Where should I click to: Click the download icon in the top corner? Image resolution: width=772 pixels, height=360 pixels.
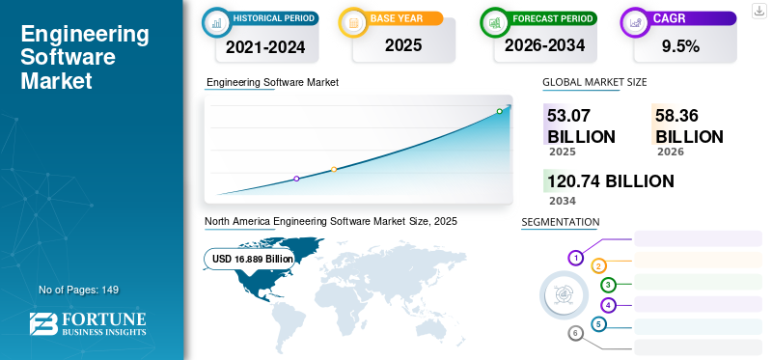click(x=758, y=11)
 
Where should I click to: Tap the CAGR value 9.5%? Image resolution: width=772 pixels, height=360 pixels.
click(x=681, y=46)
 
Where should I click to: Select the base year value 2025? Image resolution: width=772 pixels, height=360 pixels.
click(x=403, y=45)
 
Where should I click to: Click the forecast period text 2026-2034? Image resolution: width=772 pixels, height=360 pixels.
click(x=544, y=45)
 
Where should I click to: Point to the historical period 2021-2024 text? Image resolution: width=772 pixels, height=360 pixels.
click(x=265, y=47)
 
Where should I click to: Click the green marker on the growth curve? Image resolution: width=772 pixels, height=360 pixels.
click(x=499, y=111)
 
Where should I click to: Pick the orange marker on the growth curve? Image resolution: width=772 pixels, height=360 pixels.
click(x=334, y=170)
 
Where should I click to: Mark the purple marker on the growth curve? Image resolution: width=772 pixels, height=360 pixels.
click(x=296, y=179)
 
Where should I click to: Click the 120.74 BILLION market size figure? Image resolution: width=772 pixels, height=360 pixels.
click(x=611, y=181)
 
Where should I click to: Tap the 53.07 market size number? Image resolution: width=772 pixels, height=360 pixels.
click(x=568, y=116)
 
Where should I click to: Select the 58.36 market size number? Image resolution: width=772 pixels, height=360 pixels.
click(x=676, y=116)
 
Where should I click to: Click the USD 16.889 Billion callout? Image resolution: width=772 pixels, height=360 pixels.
click(x=249, y=259)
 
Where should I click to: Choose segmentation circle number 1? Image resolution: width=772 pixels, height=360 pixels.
click(x=575, y=258)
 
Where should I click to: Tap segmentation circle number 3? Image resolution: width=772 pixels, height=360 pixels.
click(x=609, y=285)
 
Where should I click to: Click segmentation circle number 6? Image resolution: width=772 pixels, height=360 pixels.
click(x=575, y=334)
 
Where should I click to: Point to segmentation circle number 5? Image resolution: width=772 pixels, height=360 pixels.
click(x=598, y=324)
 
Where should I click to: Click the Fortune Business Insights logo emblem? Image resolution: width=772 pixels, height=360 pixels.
click(x=43, y=324)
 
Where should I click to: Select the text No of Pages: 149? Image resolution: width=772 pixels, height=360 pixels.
click(x=79, y=290)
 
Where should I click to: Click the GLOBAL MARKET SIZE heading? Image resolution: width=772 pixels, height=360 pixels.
click(x=594, y=82)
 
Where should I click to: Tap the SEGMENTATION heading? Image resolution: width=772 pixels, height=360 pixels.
click(x=561, y=222)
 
